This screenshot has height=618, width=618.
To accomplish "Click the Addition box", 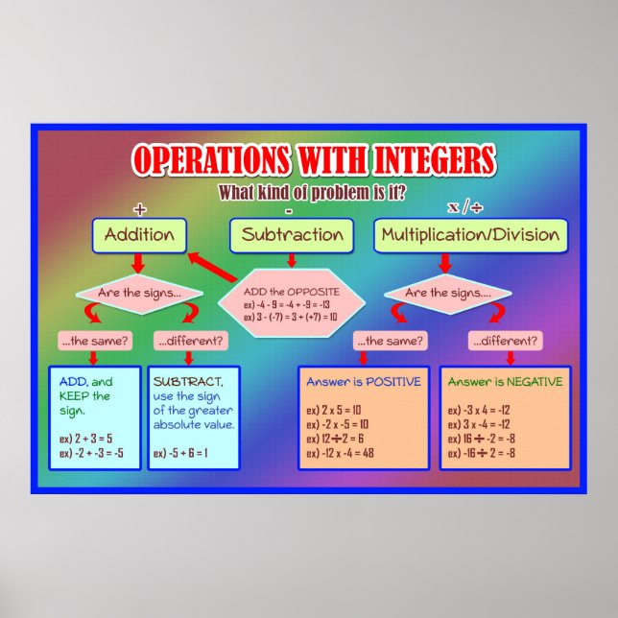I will point(139,235).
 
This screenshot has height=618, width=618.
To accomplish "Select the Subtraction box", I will point(292,235).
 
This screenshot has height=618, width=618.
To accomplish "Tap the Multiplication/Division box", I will point(470,235).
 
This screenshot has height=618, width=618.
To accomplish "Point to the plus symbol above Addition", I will point(140,208).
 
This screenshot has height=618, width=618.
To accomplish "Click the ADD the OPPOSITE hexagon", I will point(292,303).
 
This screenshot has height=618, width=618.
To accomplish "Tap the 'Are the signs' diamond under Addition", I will point(139,293).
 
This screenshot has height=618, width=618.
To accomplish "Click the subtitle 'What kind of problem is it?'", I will point(312,192).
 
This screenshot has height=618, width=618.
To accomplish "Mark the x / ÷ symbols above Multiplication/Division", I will point(465,207).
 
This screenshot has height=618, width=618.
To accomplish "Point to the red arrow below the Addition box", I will point(139,263).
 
